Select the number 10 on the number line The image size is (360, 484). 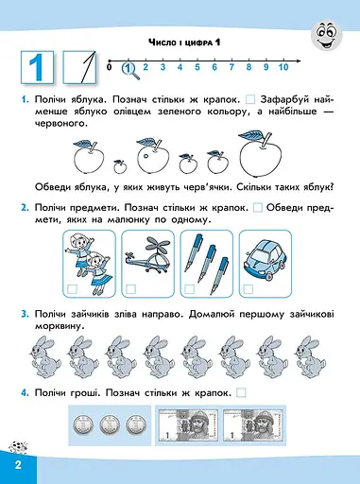point(283,67)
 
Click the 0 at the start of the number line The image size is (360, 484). point(110,67)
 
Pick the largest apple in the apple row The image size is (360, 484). point(257,151)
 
